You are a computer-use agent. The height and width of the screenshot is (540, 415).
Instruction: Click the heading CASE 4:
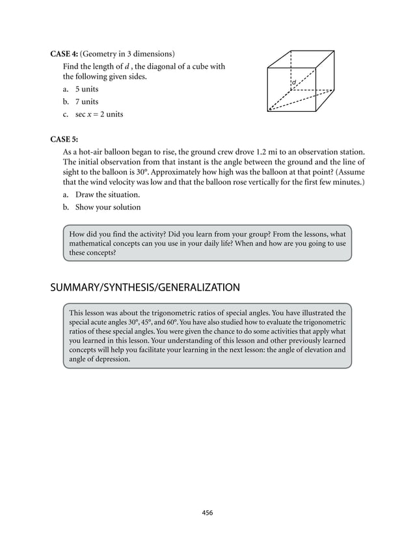click(x=64, y=53)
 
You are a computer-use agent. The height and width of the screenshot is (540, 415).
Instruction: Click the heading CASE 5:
click(x=64, y=138)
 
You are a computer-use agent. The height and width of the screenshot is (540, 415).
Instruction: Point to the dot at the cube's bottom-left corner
click(x=269, y=110)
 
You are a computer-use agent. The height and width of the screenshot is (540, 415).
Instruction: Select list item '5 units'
click(x=87, y=89)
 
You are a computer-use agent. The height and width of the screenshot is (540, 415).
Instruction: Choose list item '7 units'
click(x=87, y=101)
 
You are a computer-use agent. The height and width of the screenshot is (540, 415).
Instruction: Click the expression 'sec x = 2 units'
click(x=99, y=114)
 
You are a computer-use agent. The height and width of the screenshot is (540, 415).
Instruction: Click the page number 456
click(x=207, y=513)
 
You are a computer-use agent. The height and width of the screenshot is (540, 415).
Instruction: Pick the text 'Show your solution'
click(x=107, y=207)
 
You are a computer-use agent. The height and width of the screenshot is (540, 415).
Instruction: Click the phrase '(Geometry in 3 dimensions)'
click(x=127, y=53)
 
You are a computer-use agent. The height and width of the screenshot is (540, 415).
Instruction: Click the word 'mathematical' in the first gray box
click(x=92, y=243)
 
